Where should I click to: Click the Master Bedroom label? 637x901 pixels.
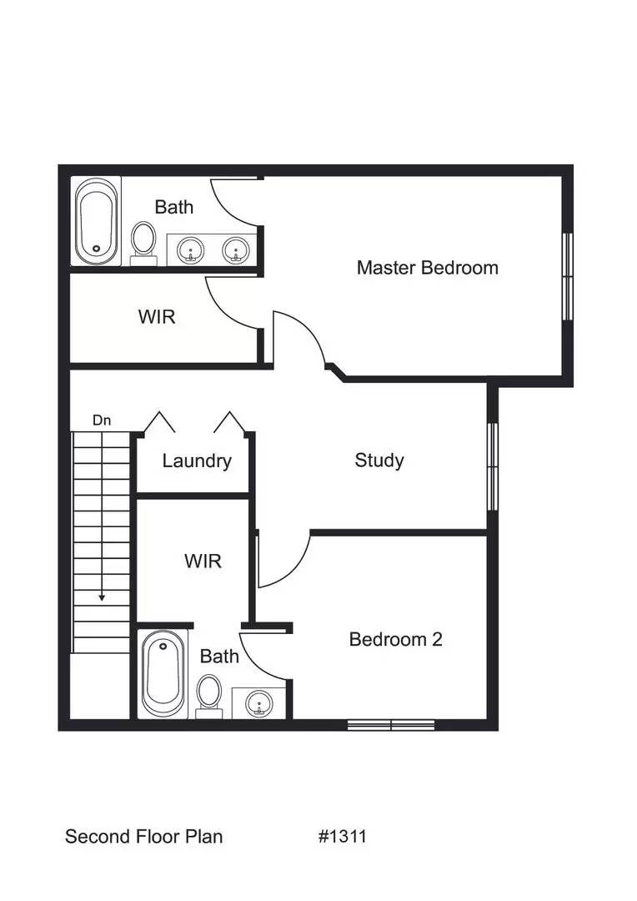427,268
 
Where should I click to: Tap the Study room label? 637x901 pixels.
379,460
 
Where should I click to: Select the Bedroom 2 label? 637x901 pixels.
395,639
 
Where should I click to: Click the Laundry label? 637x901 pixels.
197,461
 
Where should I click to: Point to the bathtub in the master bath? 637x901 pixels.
95,220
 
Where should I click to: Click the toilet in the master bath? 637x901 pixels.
144,240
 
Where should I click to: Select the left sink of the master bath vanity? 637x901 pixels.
192,248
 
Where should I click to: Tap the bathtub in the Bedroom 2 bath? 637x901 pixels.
161,674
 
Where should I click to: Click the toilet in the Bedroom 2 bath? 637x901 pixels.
209,694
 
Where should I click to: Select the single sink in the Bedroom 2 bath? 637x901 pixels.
258,703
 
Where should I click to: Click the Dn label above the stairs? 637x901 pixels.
102,420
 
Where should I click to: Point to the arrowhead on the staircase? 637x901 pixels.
102,596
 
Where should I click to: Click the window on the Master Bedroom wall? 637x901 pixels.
568,275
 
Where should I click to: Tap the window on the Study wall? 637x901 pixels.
492,466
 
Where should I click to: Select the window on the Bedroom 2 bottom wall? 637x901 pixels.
391,725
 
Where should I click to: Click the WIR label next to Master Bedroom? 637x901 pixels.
158,317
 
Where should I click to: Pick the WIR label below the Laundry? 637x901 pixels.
203,561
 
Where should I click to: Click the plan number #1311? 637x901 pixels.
342,836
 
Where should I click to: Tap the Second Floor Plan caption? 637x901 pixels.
143,836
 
